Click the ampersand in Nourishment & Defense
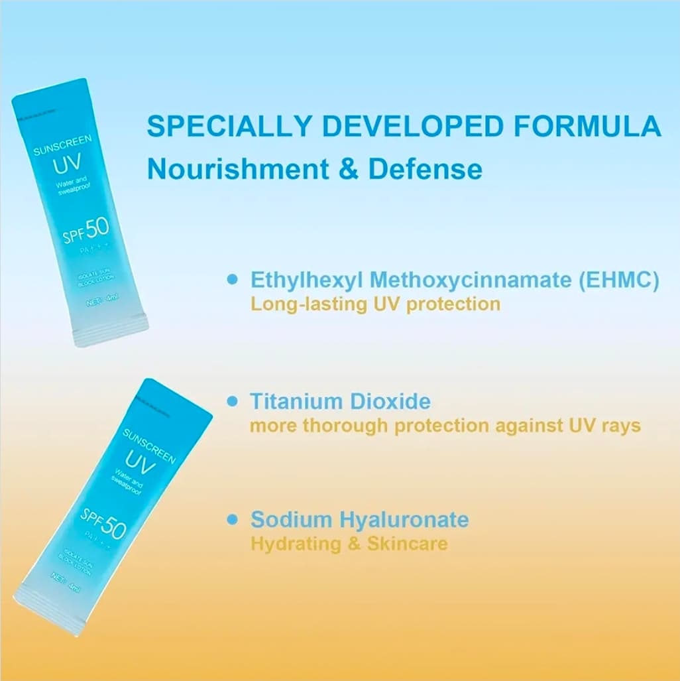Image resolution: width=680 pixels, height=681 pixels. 348,169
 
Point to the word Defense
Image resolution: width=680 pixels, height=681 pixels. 425,168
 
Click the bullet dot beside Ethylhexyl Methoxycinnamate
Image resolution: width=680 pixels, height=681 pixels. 231,279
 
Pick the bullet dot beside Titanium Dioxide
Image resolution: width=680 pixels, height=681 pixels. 231,401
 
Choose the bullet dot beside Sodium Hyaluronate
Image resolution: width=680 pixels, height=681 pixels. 231,519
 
